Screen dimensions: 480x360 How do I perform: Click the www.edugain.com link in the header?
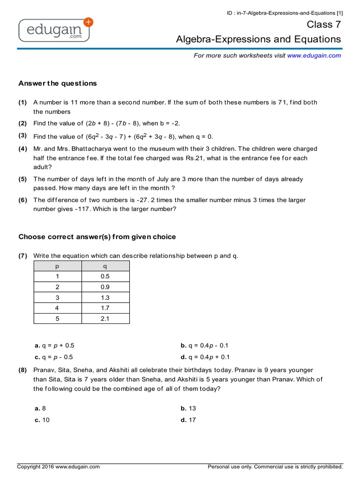coord(314,55)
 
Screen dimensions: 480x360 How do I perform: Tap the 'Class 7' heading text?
coord(324,24)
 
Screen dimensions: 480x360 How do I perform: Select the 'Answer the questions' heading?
coord(58,83)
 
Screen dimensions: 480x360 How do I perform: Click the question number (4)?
coord(23,149)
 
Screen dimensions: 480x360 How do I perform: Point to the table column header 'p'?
coord(58,266)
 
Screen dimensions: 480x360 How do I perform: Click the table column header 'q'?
coord(105,266)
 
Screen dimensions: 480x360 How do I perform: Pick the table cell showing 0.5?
coord(105,277)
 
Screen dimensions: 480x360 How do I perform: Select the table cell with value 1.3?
coord(105,298)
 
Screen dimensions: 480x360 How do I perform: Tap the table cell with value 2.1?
coord(105,319)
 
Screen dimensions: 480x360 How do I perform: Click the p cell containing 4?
coord(58,308)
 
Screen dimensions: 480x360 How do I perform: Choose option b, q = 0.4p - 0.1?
coord(204,345)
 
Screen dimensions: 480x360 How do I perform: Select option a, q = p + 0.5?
coord(54,345)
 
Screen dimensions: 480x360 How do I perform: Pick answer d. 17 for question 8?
coord(188,420)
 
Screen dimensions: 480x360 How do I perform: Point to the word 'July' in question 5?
coord(163,179)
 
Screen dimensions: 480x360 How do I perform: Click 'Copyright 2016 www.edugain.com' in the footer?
coord(59,467)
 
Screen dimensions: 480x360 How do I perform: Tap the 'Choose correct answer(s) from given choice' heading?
coord(97,237)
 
